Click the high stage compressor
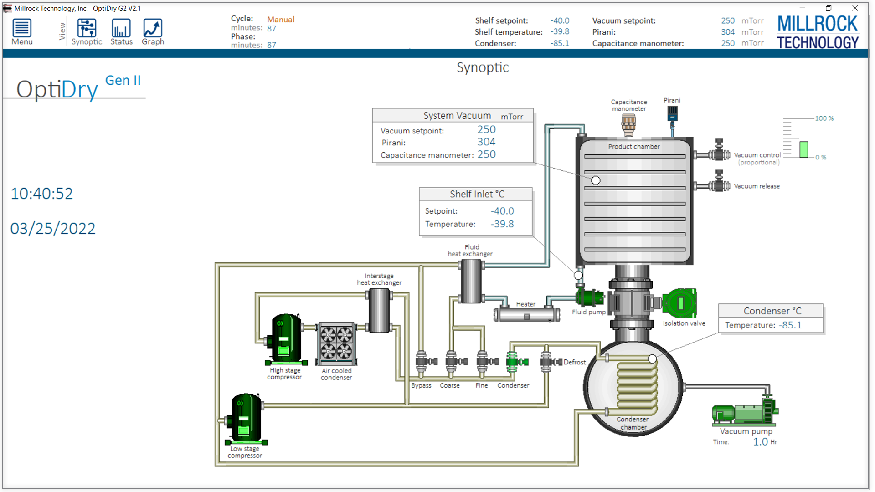pyautogui.click(x=285, y=339)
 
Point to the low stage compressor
pyautogui.click(x=245, y=418)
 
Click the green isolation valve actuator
pyautogui.click(x=679, y=303)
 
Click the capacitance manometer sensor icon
pyautogui.click(x=628, y=125)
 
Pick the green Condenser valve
pyautogui.click(x=515, y=362)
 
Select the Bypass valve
pyautogui.click(x=425, y=362)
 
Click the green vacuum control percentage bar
pyautogui.click(x=804, y=149)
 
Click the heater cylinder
pyautogui.click(x=527, y=314)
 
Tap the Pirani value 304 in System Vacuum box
pyautogui.click(x=486, y=142)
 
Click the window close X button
pyautogui.click(x=855, y=8)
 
